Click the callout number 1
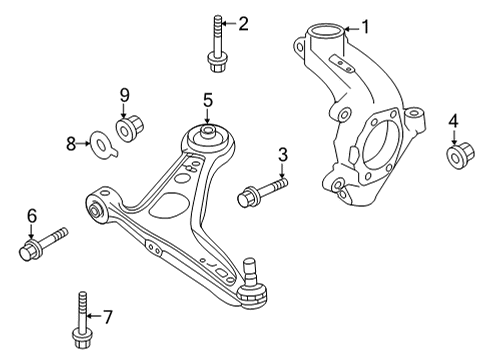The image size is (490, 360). pos(365,26)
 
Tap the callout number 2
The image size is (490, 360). pos(243,22)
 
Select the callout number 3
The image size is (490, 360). pos(283,154)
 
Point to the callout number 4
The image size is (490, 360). pos(453,123)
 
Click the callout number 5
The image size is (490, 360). pos(207,99)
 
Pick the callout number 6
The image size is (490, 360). pos(31,214)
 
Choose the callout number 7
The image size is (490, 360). pos(108,317)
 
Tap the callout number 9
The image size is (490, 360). pos(125,95)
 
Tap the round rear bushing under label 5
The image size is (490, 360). pos(207,135)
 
